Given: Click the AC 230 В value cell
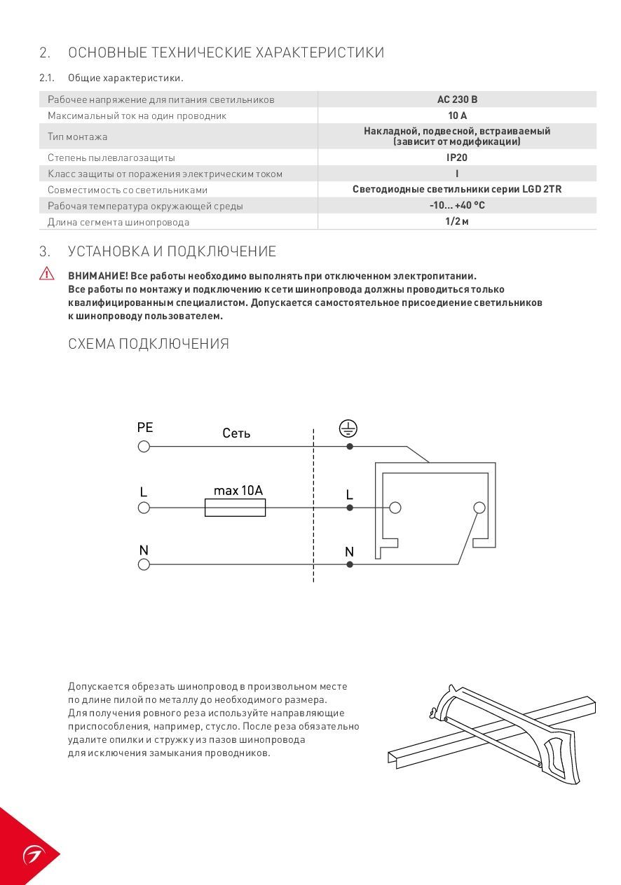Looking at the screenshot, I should coord(457,99).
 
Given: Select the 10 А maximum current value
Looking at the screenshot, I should coord(457,116).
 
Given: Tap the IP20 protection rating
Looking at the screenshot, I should coord(457,158).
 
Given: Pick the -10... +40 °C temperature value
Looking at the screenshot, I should coord(457,206).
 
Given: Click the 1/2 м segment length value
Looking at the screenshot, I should coord(457,222).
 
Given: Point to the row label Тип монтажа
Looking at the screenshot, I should coord(77,137).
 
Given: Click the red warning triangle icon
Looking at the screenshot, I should coord(47,274).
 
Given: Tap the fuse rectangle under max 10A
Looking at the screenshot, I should coord(235,508).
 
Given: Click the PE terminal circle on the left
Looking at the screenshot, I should coord(144,446).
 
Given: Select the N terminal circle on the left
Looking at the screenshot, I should coord(144,564).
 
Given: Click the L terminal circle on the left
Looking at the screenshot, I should coord(144,508).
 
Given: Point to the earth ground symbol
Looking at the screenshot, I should coord(348,428).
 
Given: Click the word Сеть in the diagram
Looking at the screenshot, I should coord(236,433).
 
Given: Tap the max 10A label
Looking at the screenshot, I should coord(238,490).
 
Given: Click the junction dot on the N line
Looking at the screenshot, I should coord(350,564).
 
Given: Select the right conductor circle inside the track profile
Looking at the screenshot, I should coord(479,508).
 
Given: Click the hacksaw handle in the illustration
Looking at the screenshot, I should coord(564,756).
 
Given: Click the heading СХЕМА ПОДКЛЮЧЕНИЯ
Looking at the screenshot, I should coord(149,344).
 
